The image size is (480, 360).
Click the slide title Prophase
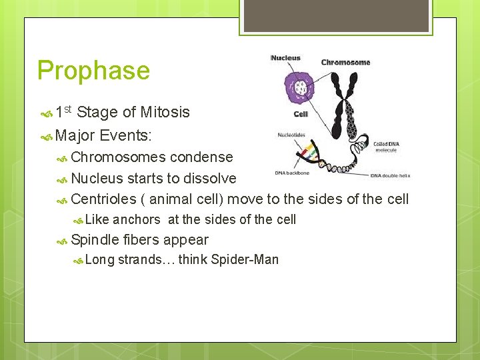click(94, 71)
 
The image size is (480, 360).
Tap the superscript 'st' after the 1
click(77, 109)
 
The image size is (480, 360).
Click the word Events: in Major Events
click(126, 136)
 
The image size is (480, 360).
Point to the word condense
click(201, 157)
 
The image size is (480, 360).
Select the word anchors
click(137, 219)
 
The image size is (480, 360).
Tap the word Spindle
click(95, 240)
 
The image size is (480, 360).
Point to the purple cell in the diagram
click(301, 88)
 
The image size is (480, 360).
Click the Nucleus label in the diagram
click(285, 58)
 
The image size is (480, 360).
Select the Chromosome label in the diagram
click(345, 63)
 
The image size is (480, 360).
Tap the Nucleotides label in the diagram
click(291, 135)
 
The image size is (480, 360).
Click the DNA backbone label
click(293, 173)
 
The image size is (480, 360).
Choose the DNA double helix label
click(391, 175)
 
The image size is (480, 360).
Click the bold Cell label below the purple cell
click(301, 114)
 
